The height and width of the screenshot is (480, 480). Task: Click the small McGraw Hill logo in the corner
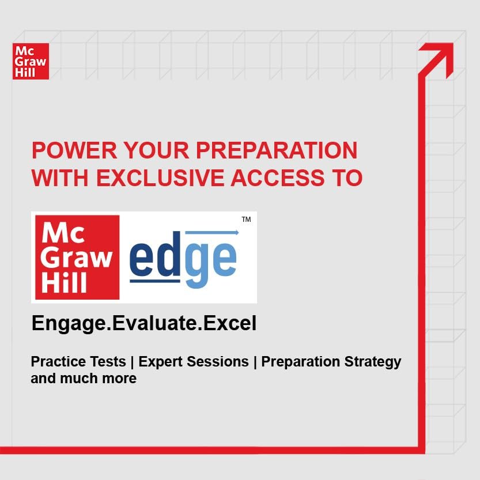tap(31, 61)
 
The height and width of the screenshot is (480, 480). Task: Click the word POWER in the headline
tap(74, 150)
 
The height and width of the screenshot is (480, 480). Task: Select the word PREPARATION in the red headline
tap(277, 150)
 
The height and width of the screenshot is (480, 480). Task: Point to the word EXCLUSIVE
tap(160, 178)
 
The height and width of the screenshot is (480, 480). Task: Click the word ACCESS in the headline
tap(277, 178)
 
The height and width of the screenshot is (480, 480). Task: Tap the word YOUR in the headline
tap(156, 150)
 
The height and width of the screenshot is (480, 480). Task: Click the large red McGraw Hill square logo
tap(77, 257)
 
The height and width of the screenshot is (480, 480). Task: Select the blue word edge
tap(183, 259)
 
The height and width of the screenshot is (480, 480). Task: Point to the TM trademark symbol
tap(246, 220)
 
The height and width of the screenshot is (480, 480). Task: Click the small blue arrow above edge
tap(212, 233)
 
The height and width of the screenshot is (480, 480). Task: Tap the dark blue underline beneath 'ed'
tap(155, 281)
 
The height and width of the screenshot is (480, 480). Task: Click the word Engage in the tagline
tap(69, 324)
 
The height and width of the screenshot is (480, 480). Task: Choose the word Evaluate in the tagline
tap(154, 323)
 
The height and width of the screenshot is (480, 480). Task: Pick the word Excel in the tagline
tap(230, 323)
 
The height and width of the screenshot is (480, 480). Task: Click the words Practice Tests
tap(78, 361)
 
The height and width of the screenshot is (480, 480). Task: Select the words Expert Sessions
tap(194, 362)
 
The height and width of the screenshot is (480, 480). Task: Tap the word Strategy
tap(373, 362)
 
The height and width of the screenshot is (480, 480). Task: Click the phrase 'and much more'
tap(84, 379)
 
